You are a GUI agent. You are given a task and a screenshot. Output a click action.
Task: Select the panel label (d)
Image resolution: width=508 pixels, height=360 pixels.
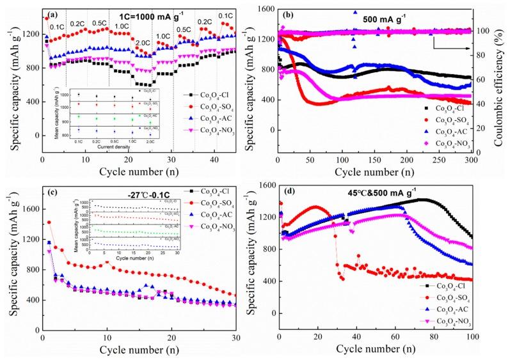(289, 188)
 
